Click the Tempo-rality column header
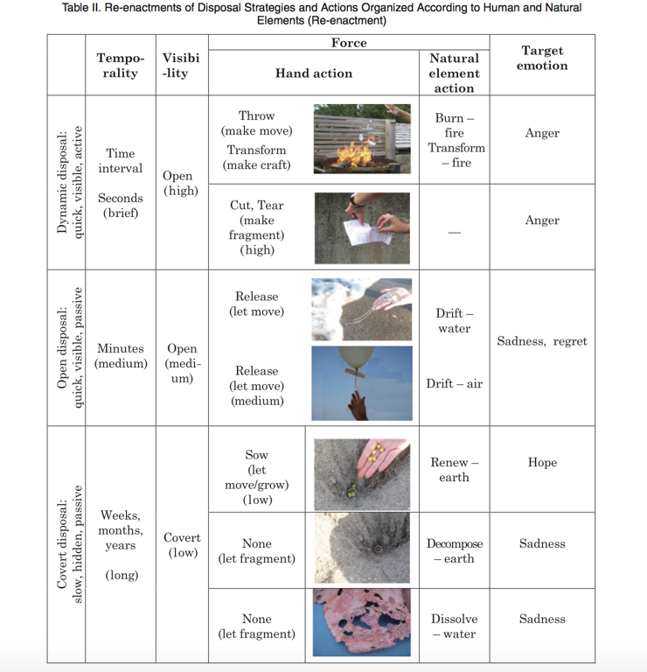tap(120, 66)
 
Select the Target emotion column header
tap(542, 58)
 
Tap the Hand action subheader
tap(313, 73)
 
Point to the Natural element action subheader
tap(454, 73)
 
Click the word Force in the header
tap(349, 43)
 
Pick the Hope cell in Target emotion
tap(542, 462)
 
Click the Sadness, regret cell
tap(542, 341)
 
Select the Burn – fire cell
tap(454, 125)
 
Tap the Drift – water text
tap(454, 320)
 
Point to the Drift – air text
tap(454, 383)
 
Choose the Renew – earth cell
tap(454, 469)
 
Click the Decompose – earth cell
tap(454, 550)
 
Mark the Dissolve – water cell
tap(454, 626)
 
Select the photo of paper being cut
tap(362, 227)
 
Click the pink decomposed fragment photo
tap(362, 623)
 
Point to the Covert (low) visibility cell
tap(182, 544)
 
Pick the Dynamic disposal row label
tap(68, 183)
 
